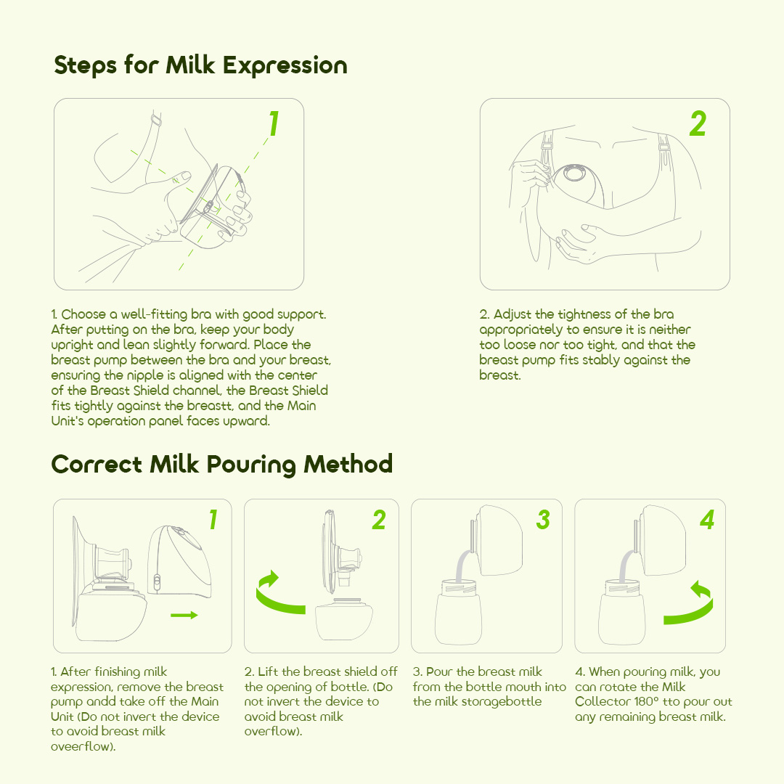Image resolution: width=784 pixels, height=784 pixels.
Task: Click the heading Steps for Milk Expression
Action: pyautogui.click(x=200, y=65)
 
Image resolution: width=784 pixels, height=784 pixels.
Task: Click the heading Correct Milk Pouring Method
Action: pyautogui.click(x=221, y=464)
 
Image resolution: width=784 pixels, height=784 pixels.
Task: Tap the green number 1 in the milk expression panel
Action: pyautogui.click(x=274, y=125)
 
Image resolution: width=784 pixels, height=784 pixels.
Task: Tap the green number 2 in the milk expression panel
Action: pyautogui.click(x=698, y=125)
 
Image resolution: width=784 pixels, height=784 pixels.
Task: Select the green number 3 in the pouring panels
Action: pyautogui.click(x=543, y=520)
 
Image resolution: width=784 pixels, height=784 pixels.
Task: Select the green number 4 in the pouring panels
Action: pyautogui.click(x=707, y=520)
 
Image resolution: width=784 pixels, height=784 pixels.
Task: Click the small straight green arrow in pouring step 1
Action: pyautogui.click(x=184, y=615)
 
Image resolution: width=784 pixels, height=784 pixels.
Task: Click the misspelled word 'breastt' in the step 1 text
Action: pyautogui.click(x=211, y=406)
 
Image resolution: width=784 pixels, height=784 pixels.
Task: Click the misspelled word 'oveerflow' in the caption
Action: pyautogui.click(x=82, y=747)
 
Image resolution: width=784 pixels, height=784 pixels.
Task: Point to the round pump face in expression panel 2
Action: pyautogui.click(x=575, y=174)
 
